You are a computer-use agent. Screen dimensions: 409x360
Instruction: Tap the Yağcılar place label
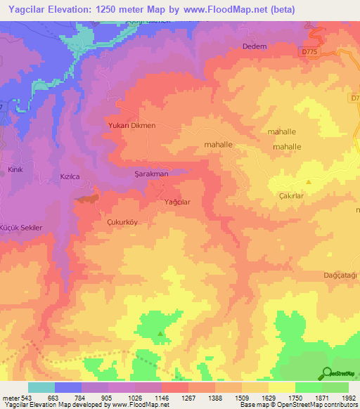[177, 202]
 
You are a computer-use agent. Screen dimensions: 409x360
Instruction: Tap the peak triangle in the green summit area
[160, 333]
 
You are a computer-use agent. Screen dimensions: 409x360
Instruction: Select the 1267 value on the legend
[188, 398]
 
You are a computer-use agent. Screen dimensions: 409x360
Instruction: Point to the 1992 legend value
[349, 398]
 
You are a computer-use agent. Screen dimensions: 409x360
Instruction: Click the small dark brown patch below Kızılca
[86, 199]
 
